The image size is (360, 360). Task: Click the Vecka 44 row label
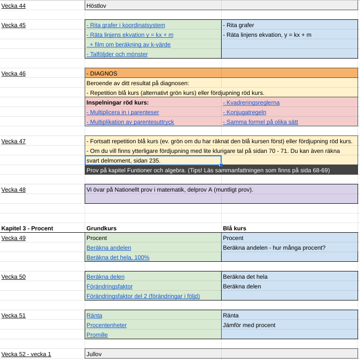pyautogui.click(x=14, y=6)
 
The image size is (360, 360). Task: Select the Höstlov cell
pyautogui.click(x=96, y=6)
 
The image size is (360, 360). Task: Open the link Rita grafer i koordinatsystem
pyautogui.click(x=126, y=25)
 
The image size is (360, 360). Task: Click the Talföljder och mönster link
pyautogui.click(x=117, y=54)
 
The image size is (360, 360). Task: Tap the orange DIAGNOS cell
pyautogui.click(x=221, y=74)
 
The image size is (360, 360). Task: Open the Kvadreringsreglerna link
pyautogui.click(x=251, y=103)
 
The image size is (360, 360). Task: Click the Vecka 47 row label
pyautogui.click(x=14, y=141)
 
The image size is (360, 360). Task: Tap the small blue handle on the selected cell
pyautogui.click(x=221, y=165)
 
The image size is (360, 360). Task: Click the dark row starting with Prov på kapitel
pyautogui.click(x=221, y=170)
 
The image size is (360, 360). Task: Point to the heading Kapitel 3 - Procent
pyautogui.click(x=27, y=228)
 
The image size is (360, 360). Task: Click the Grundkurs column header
pyautogui.click(x=102, y=228)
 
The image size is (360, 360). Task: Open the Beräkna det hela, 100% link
pyautogui.click(x=118, y=257)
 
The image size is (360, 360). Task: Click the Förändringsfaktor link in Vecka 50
pyautogui.click(x=109, y=286)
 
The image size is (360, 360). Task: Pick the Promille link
pyautogui.click(x=97, y=335)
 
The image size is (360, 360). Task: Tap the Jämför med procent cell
pyautogui.click(x=249, y=325)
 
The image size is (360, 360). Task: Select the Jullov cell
pyautogui.click(x=94, y=354)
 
